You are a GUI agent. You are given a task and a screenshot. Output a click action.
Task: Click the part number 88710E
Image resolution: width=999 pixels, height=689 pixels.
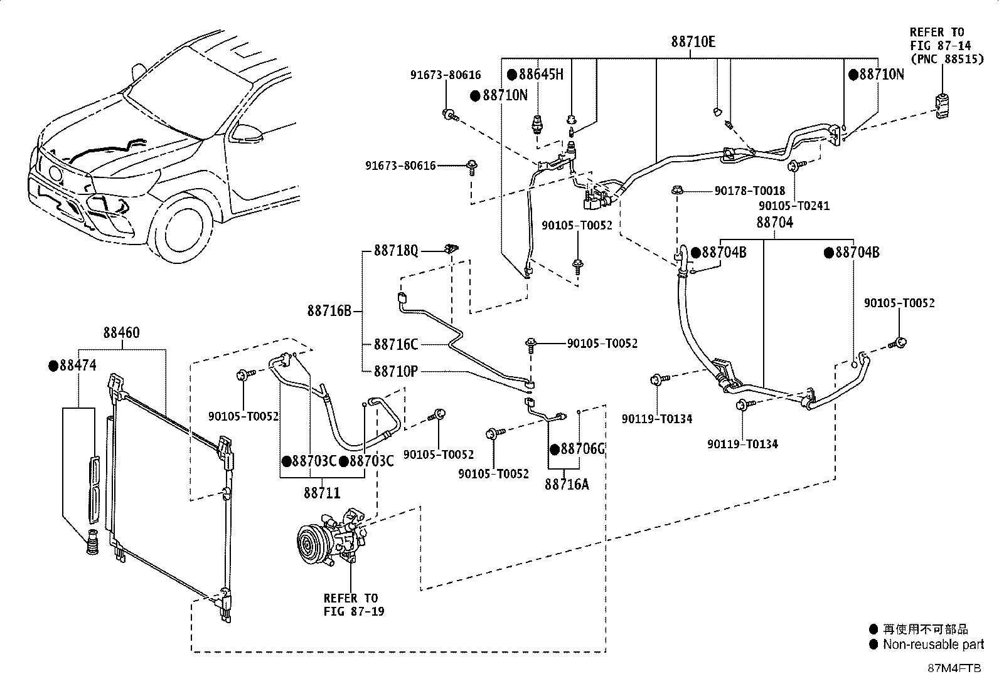pyautogui.click(x=693, y=42)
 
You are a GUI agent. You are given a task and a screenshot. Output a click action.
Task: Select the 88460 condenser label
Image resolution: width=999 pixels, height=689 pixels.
pyautogui.click(x=121, y=332)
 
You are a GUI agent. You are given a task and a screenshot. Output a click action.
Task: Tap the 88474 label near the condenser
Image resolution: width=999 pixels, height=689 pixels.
pyautogui.click(x=73, y=366)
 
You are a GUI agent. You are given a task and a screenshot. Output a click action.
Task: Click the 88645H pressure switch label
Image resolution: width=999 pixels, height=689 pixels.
pyautogui.click(x=536, y=75)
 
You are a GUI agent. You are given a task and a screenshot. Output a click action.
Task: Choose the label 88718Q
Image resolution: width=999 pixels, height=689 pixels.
pyautogui.click(x=396, y=251)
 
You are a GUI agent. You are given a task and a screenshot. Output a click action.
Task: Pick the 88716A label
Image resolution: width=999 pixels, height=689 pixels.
pyautogui.click(x=567, y=485)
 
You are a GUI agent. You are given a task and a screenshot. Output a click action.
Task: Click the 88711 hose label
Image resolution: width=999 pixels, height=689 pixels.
pyautogui.click(x=322, y=493)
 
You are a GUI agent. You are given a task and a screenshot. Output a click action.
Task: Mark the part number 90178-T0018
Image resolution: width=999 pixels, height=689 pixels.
pyautogui.click(x=750, y=191)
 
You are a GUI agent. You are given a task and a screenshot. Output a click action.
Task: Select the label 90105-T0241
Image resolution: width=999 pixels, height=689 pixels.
pyautogui.click(x=794, y=206)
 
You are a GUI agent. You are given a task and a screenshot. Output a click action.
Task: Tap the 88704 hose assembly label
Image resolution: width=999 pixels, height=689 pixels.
pyautogui.click(x=775, y=223)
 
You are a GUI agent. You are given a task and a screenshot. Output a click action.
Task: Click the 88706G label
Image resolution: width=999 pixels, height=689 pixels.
pyautogui.click(x=577, y=450)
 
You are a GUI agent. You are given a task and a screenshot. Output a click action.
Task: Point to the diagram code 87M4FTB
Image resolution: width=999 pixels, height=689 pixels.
pyautogui.click(x=954, y=668)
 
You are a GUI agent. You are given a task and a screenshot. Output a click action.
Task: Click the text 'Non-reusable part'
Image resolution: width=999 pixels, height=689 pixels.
pyautogui.click(x=933, y=644)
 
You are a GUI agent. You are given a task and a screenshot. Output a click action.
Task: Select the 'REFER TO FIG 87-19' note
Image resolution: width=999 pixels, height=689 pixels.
pyautogui.click(x=354, y=605)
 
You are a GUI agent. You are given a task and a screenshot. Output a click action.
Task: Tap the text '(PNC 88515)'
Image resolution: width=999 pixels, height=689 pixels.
pyautogui.click(x=947, y=59)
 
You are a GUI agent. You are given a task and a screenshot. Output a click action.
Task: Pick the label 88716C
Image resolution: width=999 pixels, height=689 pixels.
pyautogui.click(x=396, y=345)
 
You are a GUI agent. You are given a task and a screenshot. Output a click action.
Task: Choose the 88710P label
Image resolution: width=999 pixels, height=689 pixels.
pyautogui.click(x=395, y=371)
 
